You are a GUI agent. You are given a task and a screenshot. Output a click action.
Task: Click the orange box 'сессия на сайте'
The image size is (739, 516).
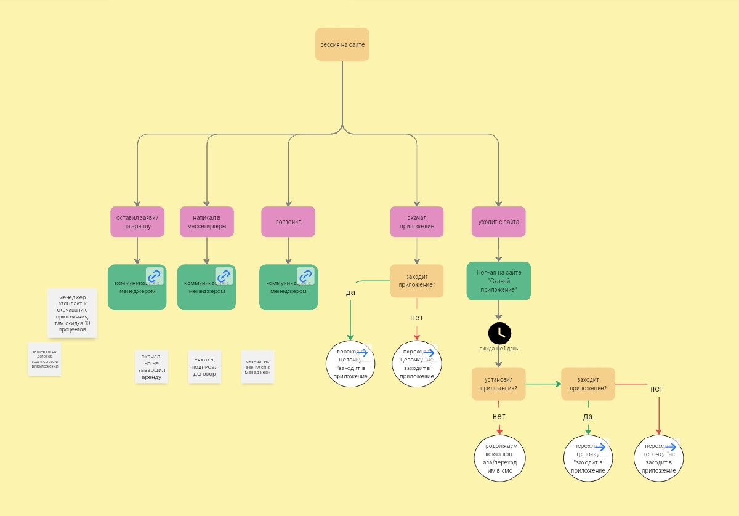click(x=342, y=44)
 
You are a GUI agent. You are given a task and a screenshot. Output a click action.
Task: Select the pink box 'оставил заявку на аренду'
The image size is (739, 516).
click(x=137, y=222)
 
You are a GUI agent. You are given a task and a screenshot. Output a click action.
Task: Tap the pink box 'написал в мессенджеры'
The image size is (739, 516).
click(x=207, y=222)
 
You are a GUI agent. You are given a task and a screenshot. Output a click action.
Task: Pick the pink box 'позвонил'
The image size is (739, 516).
click(x=288, y=222)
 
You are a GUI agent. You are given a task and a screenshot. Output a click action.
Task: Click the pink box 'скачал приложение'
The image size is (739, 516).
click(x=417, y=222)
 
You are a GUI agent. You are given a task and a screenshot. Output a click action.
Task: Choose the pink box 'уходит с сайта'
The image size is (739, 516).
click(x=499, y=222)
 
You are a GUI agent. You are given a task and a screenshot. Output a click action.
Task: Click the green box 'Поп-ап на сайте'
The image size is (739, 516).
click(x=499, y=281)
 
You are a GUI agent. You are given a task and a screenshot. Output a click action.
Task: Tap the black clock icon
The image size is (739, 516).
click(x=499, y=333)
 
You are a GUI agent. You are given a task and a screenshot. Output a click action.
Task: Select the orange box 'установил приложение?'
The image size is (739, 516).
click(x=499, y=384)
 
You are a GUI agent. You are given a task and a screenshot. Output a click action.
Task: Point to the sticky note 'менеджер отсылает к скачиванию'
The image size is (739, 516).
click(x=72, y=313)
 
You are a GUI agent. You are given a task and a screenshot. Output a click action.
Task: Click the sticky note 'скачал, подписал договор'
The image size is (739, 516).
click(x=204, y=366)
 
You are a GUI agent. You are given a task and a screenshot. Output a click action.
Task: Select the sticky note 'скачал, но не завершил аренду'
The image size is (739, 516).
click(x=151, y=366)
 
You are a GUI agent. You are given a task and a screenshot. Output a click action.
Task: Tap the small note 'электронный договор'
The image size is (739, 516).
click(x=44, y=359)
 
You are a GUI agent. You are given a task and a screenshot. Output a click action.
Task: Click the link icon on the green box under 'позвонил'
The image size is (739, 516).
click(x=305, y=276)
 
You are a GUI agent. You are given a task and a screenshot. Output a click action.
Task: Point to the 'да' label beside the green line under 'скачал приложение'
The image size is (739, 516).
click(x=350, y=292)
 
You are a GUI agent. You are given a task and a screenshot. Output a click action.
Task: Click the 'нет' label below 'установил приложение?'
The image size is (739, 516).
click(x=499, y=416)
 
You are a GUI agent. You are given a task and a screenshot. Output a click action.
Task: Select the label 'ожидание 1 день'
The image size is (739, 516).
click(x=499, y=349)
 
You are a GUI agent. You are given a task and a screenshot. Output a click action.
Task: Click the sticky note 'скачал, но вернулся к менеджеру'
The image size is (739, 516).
click(x=257, y=367)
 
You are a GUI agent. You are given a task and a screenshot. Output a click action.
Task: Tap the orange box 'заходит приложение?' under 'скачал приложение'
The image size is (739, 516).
click(x=417, y=281)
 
